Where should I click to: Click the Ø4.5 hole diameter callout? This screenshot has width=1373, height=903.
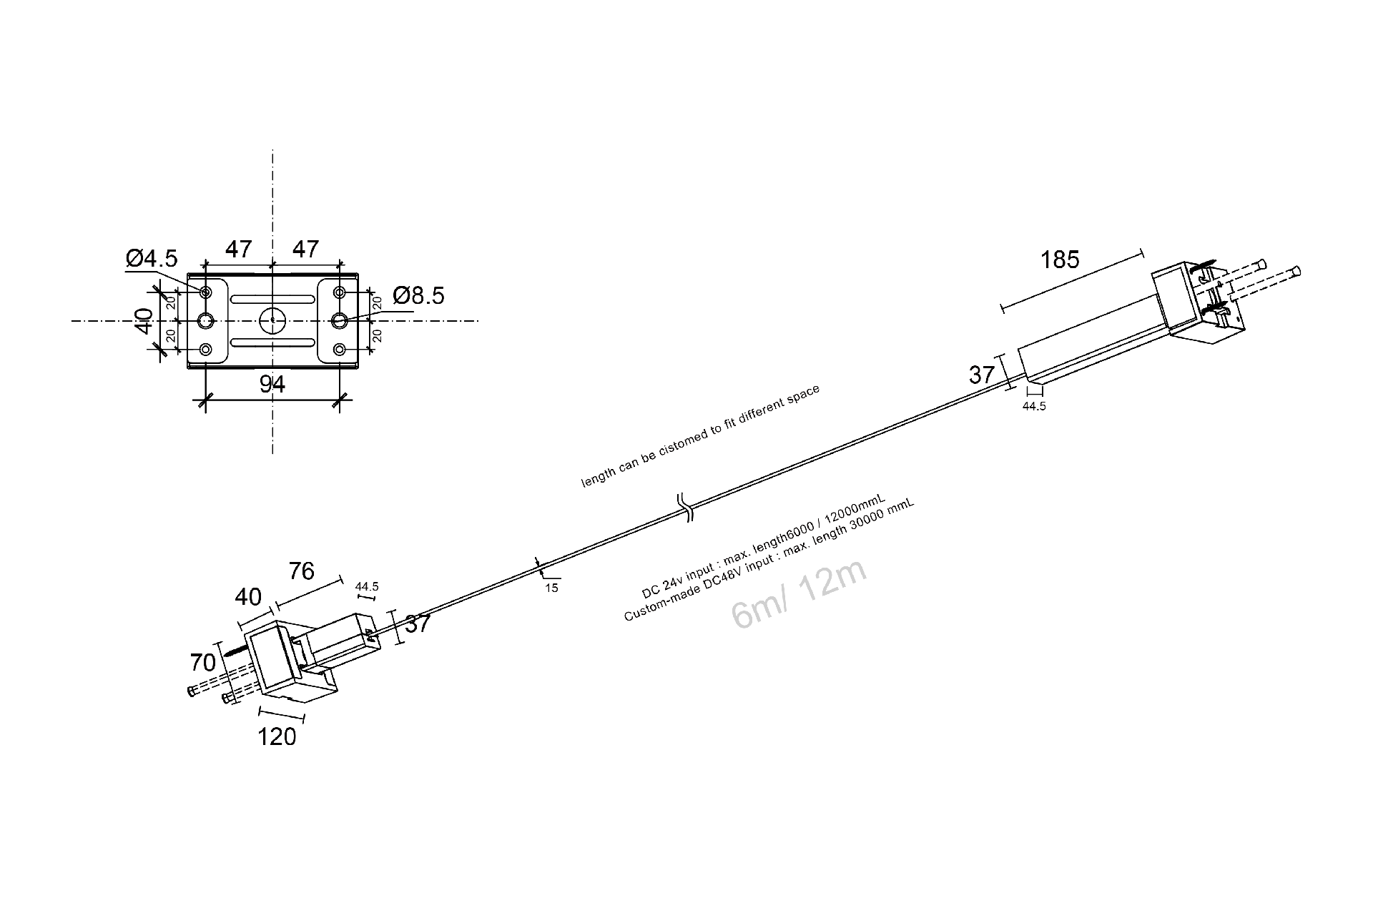coord(152,258)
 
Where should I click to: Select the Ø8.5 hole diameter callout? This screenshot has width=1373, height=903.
coord(418,295)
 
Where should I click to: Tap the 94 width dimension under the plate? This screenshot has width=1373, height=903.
coord(272,385)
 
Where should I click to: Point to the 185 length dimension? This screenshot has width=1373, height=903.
coord(1060,260)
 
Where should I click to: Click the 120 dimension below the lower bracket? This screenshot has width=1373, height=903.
coord(277,736)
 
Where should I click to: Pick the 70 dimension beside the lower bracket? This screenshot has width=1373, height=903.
coord(203,663)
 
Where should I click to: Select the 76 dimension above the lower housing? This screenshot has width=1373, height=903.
coord(302,571)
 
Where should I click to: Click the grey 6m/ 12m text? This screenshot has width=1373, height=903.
coord(799,594)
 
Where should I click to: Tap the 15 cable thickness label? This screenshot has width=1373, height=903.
coord(551,588)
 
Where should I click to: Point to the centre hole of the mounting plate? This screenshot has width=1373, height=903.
coord(272,320)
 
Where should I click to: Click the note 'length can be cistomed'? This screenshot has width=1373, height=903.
coord(700,436)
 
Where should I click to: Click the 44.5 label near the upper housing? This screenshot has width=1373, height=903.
coord(1034,406)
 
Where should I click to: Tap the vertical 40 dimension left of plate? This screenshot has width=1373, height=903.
coord(144,321)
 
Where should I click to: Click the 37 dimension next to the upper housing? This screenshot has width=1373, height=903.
coord(982,375)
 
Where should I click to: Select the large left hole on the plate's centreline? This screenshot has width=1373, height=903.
coord(206,320)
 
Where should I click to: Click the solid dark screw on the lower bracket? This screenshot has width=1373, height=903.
coord(235,651)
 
